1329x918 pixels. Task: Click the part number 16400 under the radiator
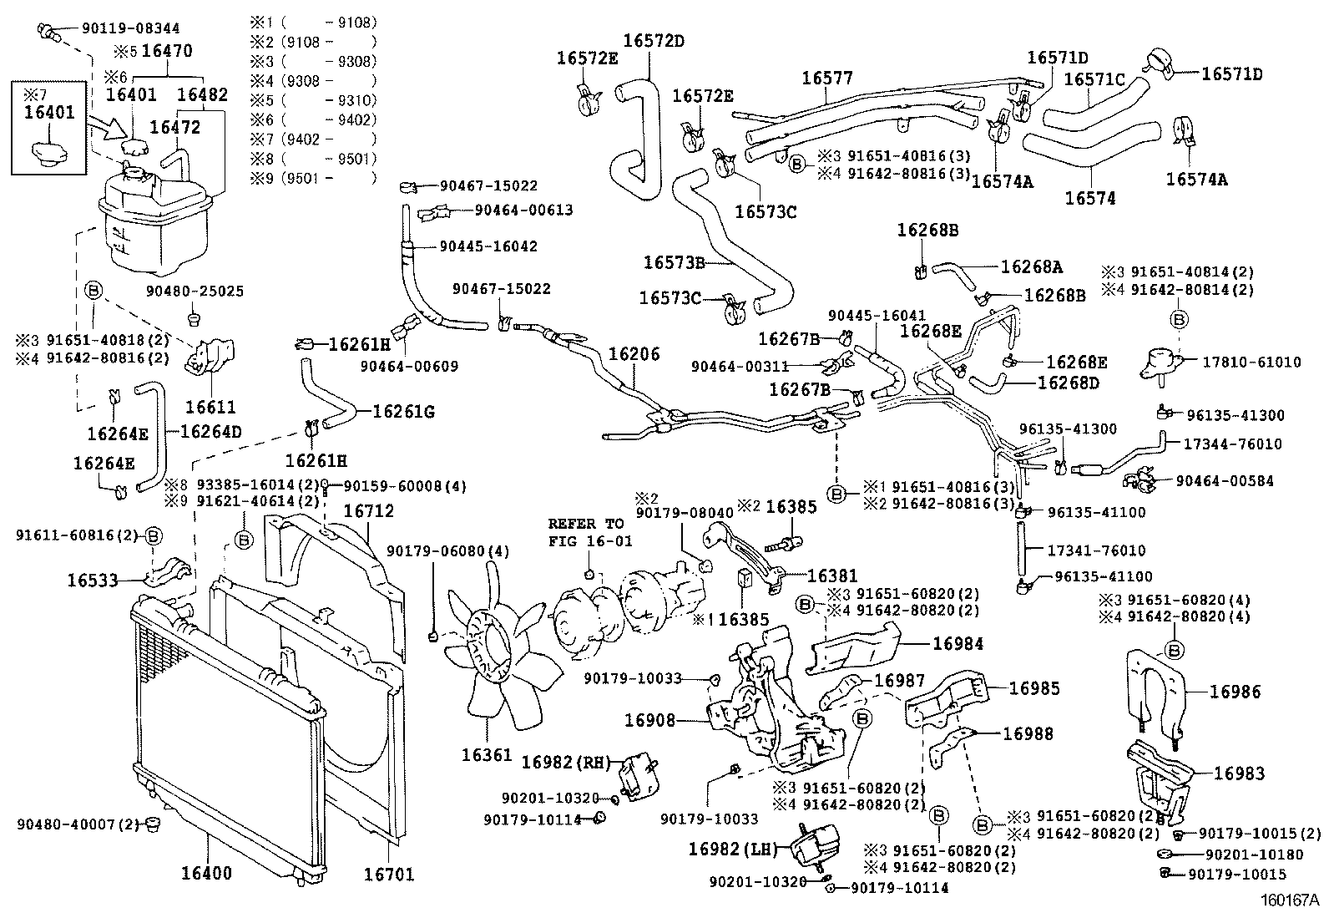pyautogui.click(x=206, y=874)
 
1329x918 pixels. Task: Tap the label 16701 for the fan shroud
pyautogui.click(x=388, y=874)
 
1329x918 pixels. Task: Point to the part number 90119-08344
pyautogui.click(x=130, y=28)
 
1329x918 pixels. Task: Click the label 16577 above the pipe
pyautogui.click(x=826, y=78)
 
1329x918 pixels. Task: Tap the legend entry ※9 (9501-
pyautogui.click(x=313, y=178)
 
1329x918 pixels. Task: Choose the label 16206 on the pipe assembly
pyautogui.click(x=634, y=353)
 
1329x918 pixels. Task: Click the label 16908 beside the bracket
pyautogui.click(x=649, y=718)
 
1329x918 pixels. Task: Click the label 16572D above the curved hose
pyautogui.click(x=654, y=39)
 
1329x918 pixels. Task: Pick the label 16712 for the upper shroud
pyautogui.click(x=368, y=511)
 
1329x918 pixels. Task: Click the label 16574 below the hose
pyautogui.click(x=1089, y=198)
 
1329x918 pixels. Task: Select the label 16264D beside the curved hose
pyautogui.click(x=210, y=432)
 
